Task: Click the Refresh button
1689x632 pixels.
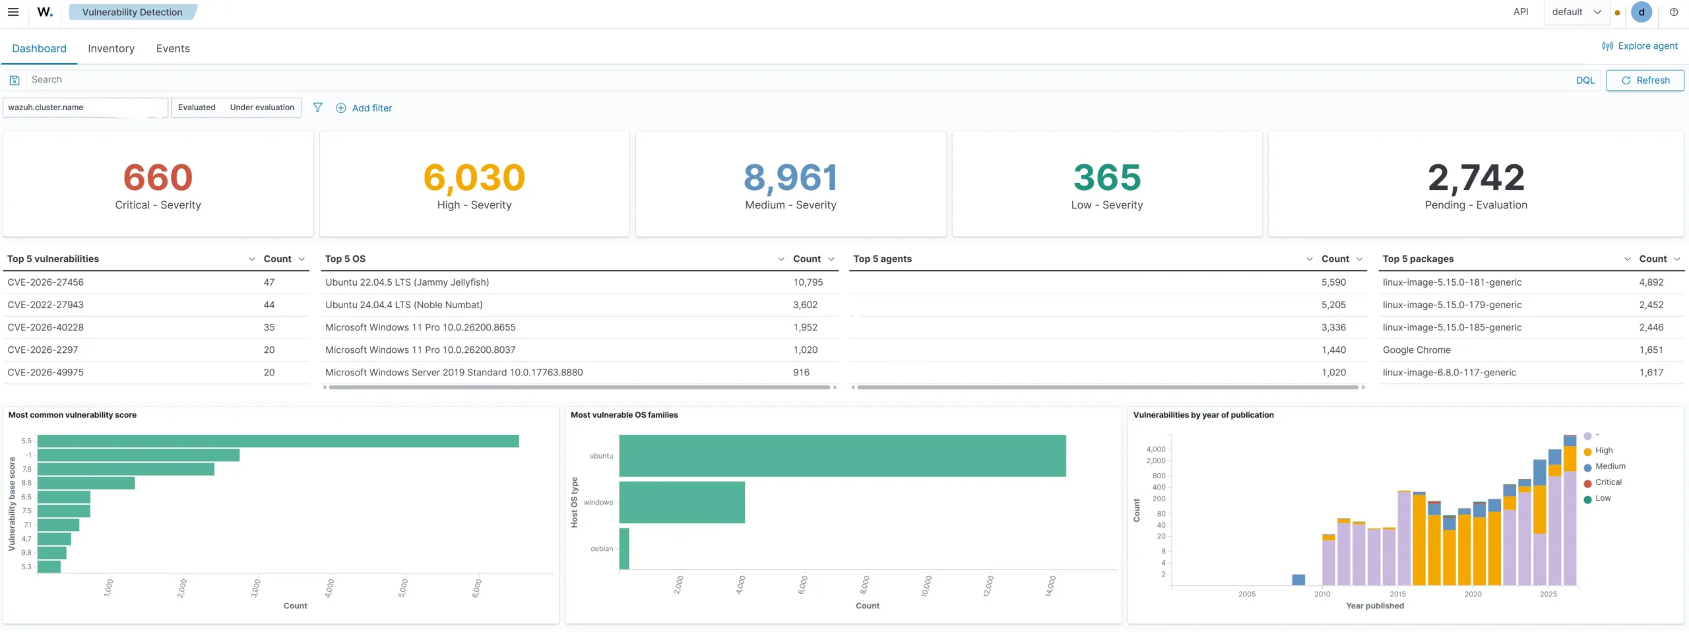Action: (1645, 80)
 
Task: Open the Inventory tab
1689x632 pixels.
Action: (111, 48)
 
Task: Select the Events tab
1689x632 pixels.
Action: (173, 48)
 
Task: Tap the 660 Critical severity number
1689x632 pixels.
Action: (158, 177)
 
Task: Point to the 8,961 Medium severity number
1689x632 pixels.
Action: (790, 178)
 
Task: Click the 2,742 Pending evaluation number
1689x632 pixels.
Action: (1476, 178)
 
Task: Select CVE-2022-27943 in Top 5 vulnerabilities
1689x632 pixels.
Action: (46, 305)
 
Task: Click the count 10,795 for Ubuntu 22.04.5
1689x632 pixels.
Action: (808, 282)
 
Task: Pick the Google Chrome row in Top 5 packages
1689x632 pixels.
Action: (1417, 350)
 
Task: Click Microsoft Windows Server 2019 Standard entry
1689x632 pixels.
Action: (454, 373)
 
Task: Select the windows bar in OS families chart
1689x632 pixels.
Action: (682, 503)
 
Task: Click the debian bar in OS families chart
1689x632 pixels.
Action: (624, 549)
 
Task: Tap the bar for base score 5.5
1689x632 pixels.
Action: (278, 441)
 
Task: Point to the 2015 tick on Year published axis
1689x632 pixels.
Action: (1397, 594)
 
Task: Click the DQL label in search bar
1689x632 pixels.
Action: (1585, 80)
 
